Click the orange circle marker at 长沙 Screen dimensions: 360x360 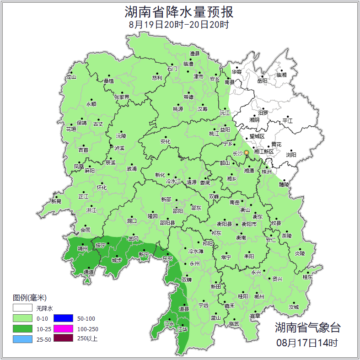tap(247, 153)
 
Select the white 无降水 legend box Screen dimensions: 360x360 tap(22, 308)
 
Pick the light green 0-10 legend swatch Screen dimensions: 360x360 tap(22, 318)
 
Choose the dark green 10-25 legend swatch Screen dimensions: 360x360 tap(22, 328)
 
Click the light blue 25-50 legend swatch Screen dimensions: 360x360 tap(22, 339)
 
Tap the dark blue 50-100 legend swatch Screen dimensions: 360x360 tap(64, 318)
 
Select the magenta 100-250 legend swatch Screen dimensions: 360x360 tap(64, 328)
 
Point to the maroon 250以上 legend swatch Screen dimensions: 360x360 tap(64, 339)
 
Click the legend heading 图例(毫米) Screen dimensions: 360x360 tap(30, 297)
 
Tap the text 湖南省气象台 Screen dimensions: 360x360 tap(307, 328)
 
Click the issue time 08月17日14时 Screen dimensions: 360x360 tap(307, 342)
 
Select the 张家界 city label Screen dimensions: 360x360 tap(122, 97)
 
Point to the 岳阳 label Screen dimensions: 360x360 tap(262, 81)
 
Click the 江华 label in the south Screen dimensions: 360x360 tap(183, 329)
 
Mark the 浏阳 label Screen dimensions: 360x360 tap(291, 155)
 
